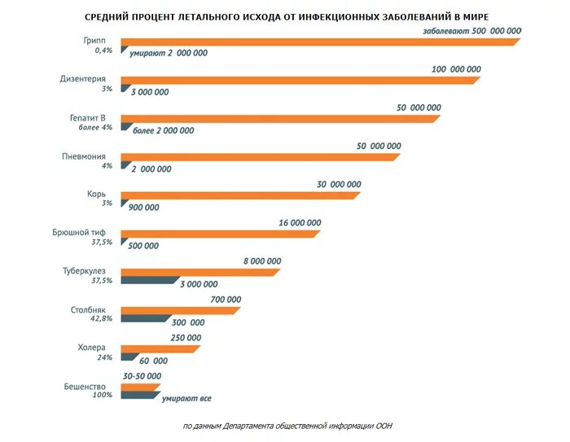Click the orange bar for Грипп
click(318, 42)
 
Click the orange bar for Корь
click(239, 195)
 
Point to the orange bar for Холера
click(160, 349)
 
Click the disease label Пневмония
click(87, 155)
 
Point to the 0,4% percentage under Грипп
click(103, 50)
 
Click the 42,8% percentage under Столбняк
click(100, 319)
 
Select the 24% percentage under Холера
click(103, 357)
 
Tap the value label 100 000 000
click(456, 69)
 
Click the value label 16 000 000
click(300, 222)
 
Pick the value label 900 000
click(143, 208)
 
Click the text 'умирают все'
click(186, 399)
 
